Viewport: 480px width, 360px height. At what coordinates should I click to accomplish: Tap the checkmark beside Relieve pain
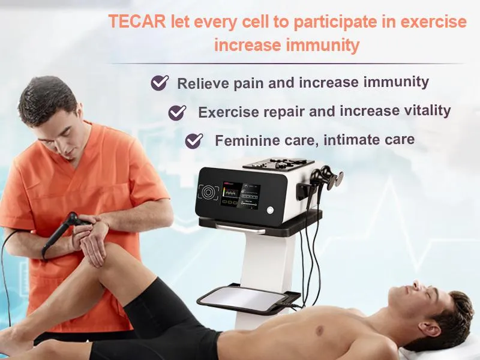[x=159, y=83]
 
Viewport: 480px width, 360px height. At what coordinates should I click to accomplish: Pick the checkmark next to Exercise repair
[x=177, y=112]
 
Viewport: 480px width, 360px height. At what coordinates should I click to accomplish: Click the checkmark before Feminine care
[x=194, y=141]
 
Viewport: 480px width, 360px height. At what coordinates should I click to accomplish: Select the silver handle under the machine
[x=240, y=229]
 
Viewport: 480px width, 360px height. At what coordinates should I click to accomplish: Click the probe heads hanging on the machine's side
[x=328, y=178]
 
